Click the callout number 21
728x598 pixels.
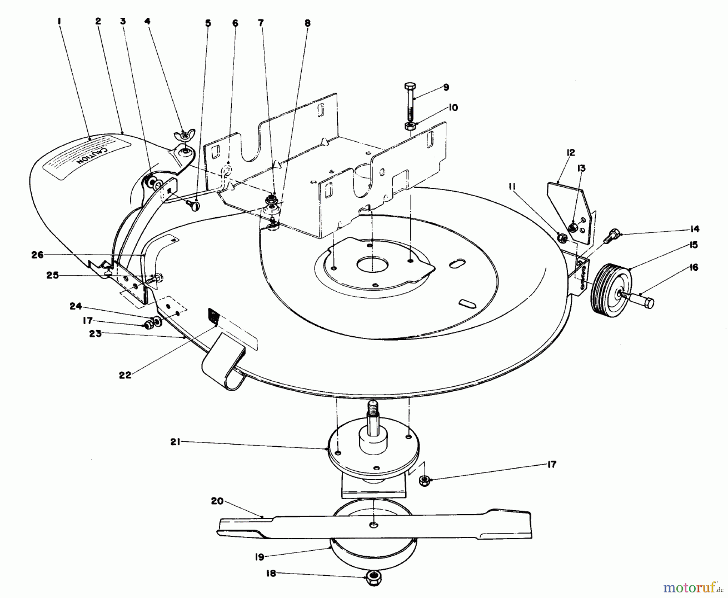click(x=175, y=442)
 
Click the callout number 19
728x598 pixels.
click(x=259, y=557)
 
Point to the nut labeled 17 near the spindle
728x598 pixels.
click(x=424, y=480)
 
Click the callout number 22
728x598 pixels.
click(x=125, y=375)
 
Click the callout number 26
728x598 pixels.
click(x=37, y=255)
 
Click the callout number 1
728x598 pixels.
click(x=59, y=21)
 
